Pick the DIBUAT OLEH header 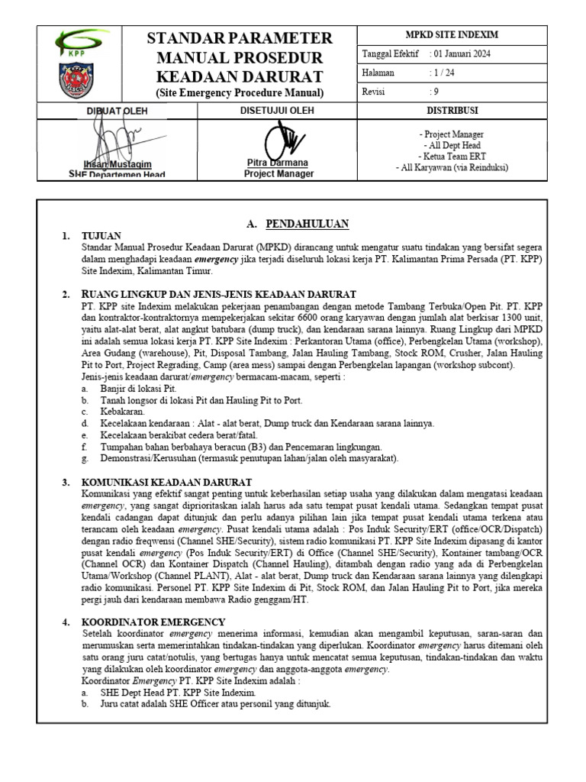click(117, 111)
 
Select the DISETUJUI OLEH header click(278, 111)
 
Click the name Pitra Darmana click(279, 163)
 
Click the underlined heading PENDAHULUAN click(307, 224)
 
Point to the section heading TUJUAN click(101, 236)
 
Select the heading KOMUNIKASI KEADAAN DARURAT click(166, 483)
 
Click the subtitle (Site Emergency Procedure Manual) click(240, 93)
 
